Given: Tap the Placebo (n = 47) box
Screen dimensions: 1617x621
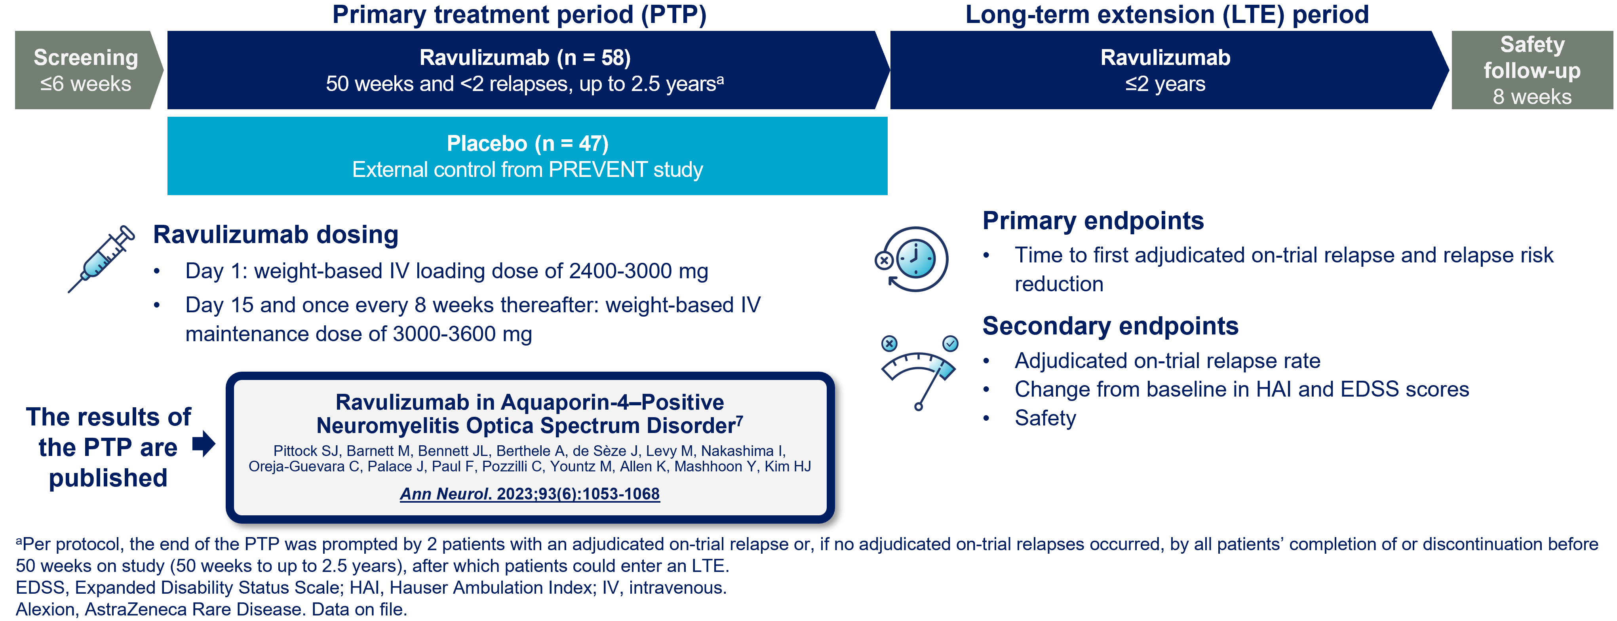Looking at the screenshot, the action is point(527,156).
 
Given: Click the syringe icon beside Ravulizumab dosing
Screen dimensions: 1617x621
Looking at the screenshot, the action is point(101,258).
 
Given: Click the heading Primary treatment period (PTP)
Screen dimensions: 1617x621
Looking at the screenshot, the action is point(519,14).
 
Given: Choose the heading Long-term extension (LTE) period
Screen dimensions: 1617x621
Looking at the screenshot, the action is point(1167,14).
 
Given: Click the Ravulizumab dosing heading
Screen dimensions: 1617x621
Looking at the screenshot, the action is point(276,235).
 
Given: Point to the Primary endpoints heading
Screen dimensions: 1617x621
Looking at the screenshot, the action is point(1093,221).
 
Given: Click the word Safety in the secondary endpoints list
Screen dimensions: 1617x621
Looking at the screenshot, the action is point(1045,418).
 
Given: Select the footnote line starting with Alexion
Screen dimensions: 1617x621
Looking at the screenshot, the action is point(211,609).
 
